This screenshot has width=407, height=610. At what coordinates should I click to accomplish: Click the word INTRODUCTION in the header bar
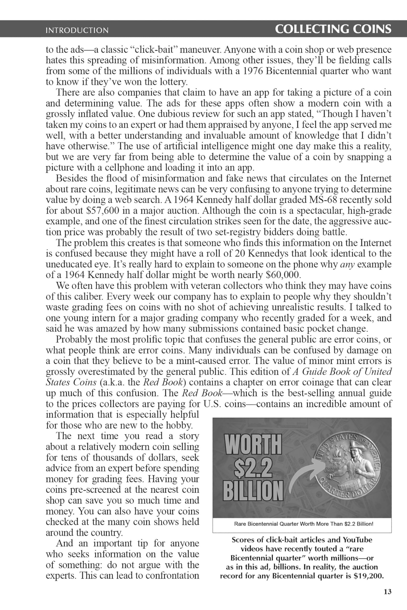pos(77,30)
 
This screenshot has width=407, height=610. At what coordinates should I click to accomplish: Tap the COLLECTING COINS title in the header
pos(333,29)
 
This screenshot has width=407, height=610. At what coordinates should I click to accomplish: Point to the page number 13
pos(387,592)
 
